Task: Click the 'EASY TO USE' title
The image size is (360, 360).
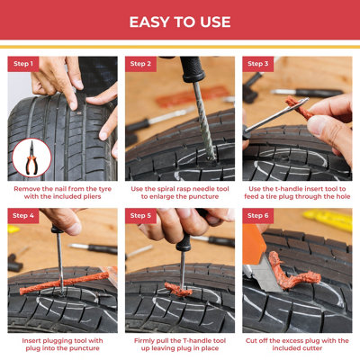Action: [180, 22]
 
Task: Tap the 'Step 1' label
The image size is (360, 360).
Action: [23, 64]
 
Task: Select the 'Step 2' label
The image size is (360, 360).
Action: [140, 64]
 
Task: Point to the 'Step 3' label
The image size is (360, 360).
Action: [257, 64]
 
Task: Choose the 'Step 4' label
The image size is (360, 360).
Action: [23, 216]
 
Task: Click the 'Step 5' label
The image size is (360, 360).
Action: [140, 216]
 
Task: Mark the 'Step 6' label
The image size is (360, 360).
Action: [257, 216]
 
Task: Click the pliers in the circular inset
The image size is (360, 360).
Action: [31, 158]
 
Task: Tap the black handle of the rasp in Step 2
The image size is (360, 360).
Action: [193, 69]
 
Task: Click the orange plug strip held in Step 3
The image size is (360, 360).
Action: [300, 108]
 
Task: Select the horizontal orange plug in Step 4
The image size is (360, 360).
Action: [65, 283]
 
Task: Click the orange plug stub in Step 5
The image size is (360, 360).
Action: [178, 289]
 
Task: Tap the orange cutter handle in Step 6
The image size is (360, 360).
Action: [254, 245]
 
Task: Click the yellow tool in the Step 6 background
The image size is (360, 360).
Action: [328, 220]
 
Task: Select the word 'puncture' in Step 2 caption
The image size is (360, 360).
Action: [203, 197]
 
